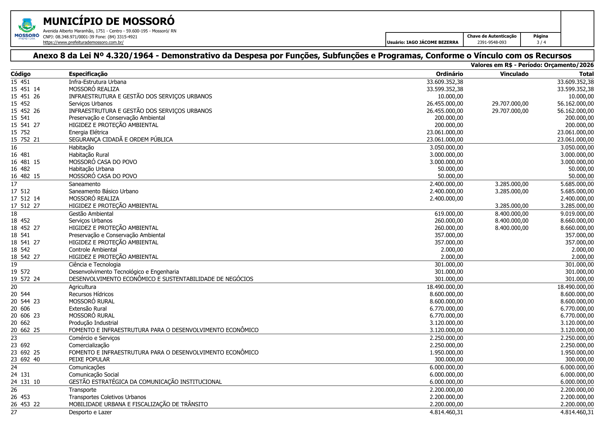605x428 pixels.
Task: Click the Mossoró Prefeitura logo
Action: pos(27,29)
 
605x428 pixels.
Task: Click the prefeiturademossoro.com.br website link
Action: pos(83,42)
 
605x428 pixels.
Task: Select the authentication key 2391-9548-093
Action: pos(492,42)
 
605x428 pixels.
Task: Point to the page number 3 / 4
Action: pos(541,42)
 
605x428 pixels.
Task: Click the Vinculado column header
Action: pos(514,74)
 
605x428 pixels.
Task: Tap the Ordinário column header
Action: pos(449,74)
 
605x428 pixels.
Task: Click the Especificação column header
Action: pos(88,74)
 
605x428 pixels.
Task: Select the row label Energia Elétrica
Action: pos(88,133)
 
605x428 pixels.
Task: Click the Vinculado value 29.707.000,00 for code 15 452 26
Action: pos(510,111)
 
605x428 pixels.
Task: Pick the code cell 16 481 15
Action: pos(25,162)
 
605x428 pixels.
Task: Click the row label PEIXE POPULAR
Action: pos(89,359)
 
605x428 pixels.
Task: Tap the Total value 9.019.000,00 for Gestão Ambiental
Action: pos(577,214)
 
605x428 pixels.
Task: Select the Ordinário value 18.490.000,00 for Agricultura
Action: pos(445,287)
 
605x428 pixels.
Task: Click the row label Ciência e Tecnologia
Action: pos(94,264)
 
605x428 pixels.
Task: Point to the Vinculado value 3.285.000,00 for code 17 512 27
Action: pos(512,206)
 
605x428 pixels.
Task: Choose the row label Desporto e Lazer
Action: pos(90,412)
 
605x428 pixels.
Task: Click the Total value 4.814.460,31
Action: pos(577,412)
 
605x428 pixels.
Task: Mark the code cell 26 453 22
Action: pos(25,404)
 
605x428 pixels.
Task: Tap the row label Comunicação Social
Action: pos(93,374)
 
